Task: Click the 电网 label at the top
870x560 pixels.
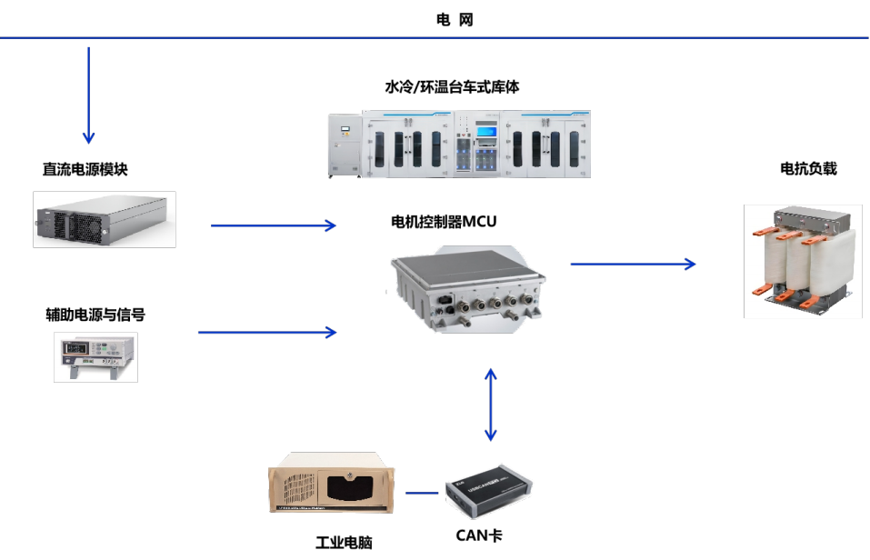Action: point(455,20)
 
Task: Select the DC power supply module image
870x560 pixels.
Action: point(104,219)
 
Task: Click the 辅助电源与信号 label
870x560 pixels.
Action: point(95,315)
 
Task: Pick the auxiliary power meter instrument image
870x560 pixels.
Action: point(95,356)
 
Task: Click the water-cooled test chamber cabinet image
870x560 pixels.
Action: point(458,143)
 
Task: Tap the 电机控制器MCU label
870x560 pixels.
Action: point(444,222)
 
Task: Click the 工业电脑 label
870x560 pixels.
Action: point(344,543)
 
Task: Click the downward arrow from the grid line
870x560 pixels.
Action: point(89,95)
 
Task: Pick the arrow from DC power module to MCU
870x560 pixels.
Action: point(273,225)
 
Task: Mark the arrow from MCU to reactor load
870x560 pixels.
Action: point(633,264)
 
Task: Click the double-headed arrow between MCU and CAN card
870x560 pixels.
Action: point(491,405)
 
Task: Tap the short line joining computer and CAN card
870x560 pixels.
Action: point(422,494)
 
